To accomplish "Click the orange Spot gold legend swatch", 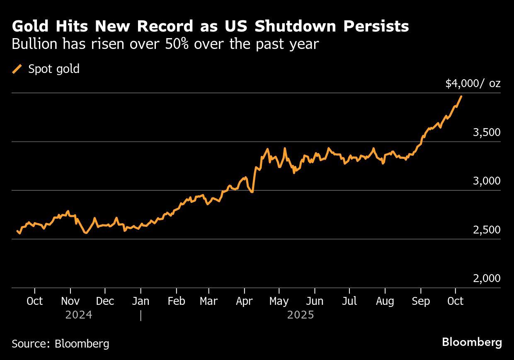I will [17, 69].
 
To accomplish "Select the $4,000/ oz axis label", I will [473, 83].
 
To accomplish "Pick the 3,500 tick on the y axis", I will [487, 132].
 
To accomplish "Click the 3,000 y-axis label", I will [487, 181].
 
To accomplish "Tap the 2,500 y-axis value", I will [487, 229].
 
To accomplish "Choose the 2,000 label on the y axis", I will [487, 278].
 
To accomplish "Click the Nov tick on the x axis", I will [70, 301].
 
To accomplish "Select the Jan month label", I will [141, 301].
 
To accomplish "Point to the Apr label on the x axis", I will [244, 301].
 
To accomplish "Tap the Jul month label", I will [349, 301].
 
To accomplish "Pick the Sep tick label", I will [421, 301].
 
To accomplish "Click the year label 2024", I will [79, 315].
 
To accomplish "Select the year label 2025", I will [301, 315].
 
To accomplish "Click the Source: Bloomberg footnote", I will [61, 343].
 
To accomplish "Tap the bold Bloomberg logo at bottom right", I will [472, 343].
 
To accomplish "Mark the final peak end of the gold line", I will [461, 96].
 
